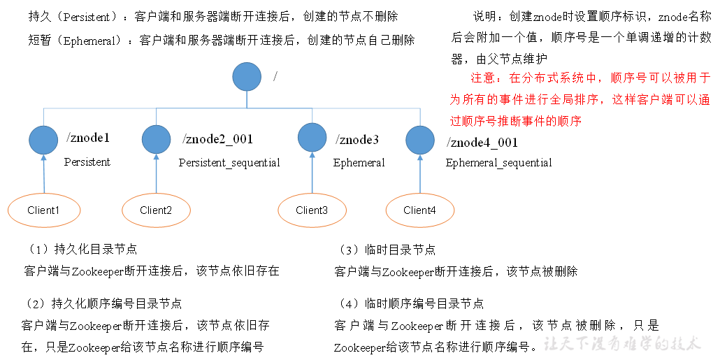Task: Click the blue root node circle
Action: [x=247, y=76]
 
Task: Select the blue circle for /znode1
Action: [x=43, y=139]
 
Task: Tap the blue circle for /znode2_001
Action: [x=156, y=139]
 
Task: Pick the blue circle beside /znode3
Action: [x=312, y=138]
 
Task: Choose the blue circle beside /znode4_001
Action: [x=420, y=140]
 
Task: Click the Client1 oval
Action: [x=43, y=210]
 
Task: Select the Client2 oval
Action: [x=156, y=210]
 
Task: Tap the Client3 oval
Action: [x=312, y=210]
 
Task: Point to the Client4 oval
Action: [x=419, y=210]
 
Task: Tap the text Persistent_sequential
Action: [x=229, y=163]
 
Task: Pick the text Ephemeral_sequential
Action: [x=498, y=163]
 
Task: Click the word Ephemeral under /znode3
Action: [x=359, y=163]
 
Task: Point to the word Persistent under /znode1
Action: [x=87, y=162]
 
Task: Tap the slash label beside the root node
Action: [x=275, y=75]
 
